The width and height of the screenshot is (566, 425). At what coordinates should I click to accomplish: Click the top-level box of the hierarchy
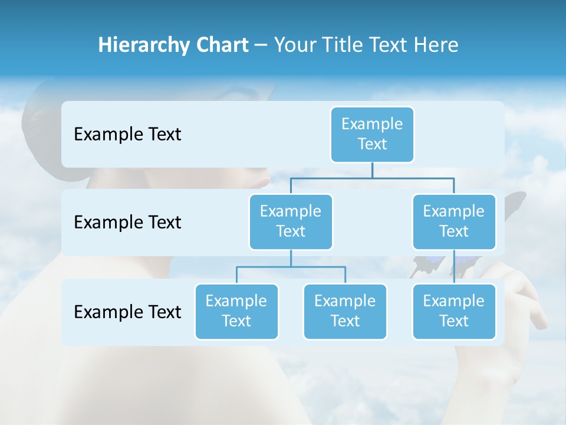point(372,134)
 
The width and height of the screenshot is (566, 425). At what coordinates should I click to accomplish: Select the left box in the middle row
point(291,221)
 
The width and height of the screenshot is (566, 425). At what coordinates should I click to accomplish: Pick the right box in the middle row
point(454,221)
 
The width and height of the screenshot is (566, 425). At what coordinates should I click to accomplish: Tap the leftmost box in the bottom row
point(236,311)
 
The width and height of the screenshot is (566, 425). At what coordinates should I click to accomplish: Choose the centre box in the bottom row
point(345,311)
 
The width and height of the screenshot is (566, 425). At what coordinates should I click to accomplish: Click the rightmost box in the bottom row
point(454,311)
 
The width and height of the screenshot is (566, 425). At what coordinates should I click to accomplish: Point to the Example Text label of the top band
point(127,135)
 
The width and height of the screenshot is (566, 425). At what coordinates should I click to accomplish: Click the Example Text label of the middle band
point(127,223)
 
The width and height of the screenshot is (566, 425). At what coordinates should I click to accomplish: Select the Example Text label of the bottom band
point(127,312)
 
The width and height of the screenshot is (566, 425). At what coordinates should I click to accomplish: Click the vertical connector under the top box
point(372,170)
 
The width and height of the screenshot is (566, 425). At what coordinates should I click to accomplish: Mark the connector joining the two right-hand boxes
point(454,267)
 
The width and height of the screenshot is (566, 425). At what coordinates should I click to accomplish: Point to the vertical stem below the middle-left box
point(291,258)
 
